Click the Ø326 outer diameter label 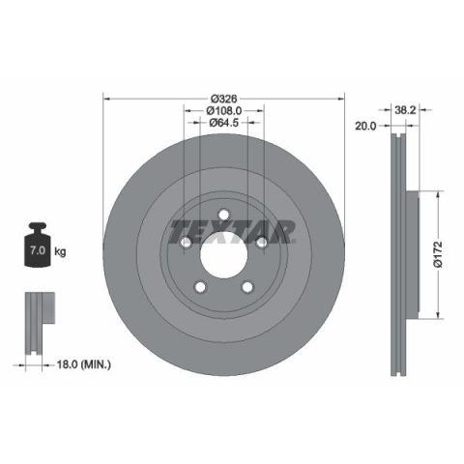point(224,99)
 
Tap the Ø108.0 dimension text point(224,110)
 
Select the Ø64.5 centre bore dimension point(224,123)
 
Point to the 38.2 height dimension point(406,110)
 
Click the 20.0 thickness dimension point(365,126)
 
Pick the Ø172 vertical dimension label point(438,254)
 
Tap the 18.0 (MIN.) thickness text point(84,364)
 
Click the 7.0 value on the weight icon point(38,250)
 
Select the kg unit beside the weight point(60,251)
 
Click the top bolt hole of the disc point(223,215)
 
